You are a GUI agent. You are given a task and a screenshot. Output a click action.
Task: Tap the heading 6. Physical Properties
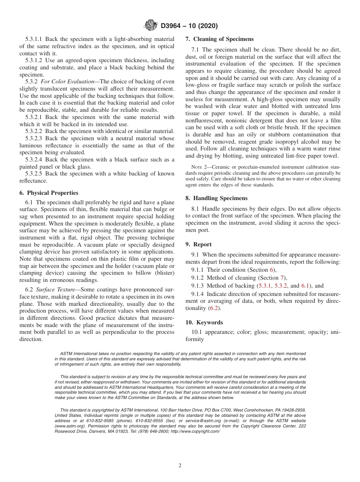tap(49, 193)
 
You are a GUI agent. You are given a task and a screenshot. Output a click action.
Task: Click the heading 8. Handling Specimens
tap(216, 198)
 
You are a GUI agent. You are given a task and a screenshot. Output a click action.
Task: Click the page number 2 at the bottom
tap(180, 466)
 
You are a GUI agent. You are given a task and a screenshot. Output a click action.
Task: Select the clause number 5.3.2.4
tap(35, 160)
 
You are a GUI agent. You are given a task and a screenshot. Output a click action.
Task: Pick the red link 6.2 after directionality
tap(214, 308)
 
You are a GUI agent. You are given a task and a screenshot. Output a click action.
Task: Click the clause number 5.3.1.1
tap(35, 39)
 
